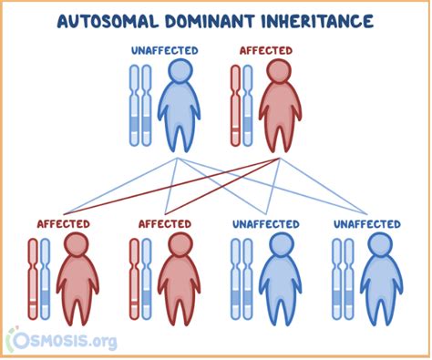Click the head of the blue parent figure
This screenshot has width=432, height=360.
(178, 73)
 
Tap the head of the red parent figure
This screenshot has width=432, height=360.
(278, 73)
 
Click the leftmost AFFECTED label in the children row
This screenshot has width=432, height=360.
(63, 223)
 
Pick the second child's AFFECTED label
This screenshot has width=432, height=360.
(164, 223)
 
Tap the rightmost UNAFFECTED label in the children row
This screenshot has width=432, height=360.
(366, 223)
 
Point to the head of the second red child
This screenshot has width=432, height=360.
(175, 244)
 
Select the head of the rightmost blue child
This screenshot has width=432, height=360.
(377, 244)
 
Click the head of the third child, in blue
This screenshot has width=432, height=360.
(276, 244)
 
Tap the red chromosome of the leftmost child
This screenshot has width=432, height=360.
(33, 278)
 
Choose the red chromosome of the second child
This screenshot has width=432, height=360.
(134, 278)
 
